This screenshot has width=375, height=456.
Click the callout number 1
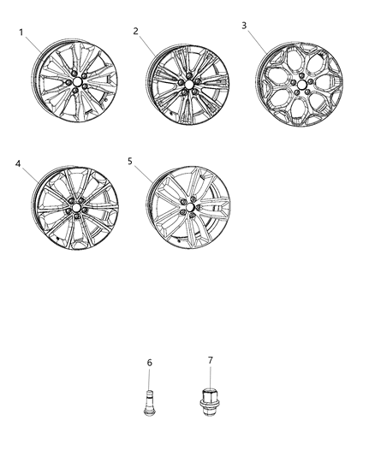tap(21, 33)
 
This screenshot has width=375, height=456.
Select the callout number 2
tap(135, 31)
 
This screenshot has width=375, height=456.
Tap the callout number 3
tap(244, 26)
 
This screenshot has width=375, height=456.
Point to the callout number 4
tap(18, 164)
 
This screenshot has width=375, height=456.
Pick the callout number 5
tap(130, 161)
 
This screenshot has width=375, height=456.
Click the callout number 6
tap(149, 363)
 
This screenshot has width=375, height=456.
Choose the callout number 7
tap(211, 360)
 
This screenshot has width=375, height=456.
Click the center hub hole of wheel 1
tap(77, 82)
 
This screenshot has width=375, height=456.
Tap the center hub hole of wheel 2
tap(189, 85)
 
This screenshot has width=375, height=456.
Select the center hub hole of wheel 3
tap(301, 85)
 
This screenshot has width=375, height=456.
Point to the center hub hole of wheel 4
tap(76, 208)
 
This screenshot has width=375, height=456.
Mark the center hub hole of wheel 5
tap(190, 208)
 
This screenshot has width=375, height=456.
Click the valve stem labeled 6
tap(150, 403)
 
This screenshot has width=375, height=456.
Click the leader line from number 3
tap(257, 42)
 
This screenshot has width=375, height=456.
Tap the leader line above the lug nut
tap(210, 376)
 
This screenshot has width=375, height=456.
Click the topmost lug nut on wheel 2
tap(189, 76)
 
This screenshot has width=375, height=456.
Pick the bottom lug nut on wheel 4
tap(76, 216)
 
